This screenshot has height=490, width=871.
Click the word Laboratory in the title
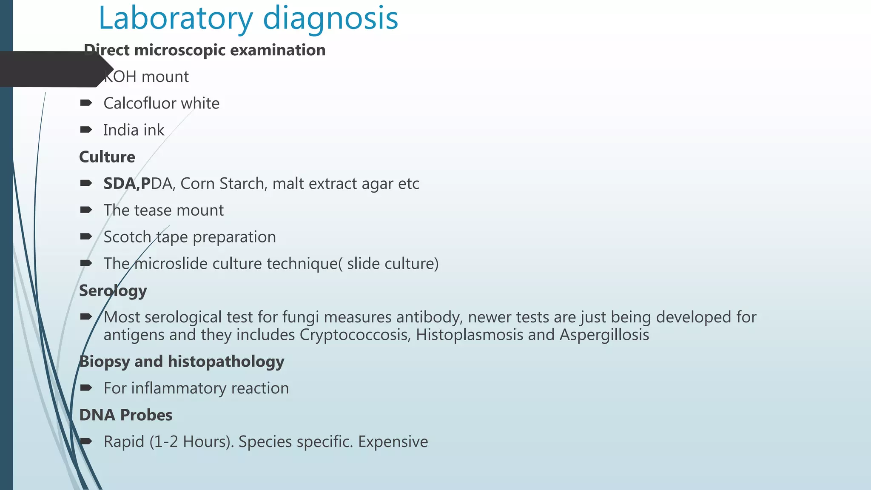tap(176, 19)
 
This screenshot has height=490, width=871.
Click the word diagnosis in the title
tap(330, 19)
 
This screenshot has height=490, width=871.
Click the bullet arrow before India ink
tap(86, 130)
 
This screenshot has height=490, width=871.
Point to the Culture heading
tap(107, 157)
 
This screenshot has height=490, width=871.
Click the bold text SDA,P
tap(127, 184)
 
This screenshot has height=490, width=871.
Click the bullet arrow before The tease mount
tap(86, 210)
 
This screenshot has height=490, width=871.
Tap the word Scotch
tap(127, 237)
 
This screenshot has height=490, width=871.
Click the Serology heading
tap(113, 291)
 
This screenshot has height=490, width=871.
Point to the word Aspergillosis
tap(604, 335)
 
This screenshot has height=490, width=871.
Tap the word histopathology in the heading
tap(226, 362)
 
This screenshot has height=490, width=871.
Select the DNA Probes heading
tap(126, 415)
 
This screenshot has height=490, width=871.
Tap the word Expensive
tap(393, 442)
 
